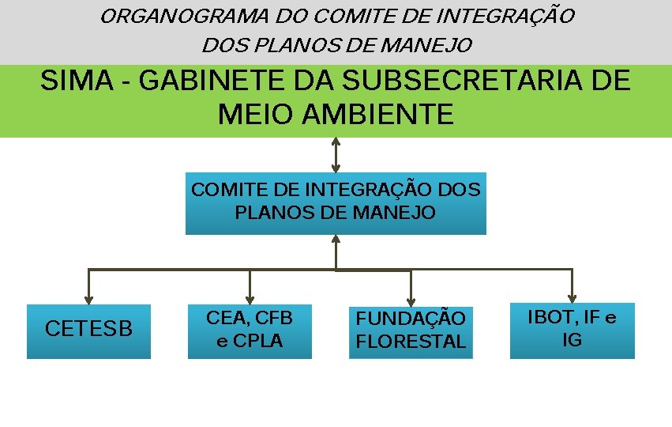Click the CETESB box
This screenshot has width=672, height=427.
point(88,331)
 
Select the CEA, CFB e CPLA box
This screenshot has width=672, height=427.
point(250,331)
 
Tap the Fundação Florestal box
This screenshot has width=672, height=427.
point(411,331)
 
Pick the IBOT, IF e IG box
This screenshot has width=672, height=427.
point(572,330)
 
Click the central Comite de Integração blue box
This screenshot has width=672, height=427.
point(336,202)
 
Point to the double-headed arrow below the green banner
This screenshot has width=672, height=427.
point(336,154)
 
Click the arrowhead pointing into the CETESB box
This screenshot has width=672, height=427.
point(88,299)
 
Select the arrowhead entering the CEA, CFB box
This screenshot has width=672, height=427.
point(250,299)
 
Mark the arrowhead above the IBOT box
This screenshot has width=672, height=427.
point(572,297)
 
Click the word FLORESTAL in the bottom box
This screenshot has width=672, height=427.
point(411,342)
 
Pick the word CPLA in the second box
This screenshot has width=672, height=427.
point(257,342)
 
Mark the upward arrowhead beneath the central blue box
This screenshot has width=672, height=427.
point(336,240)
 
